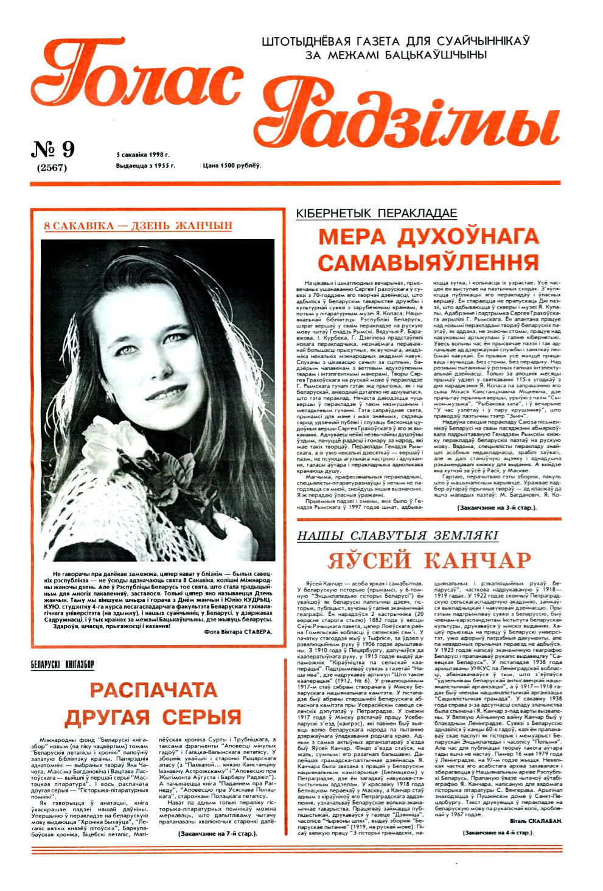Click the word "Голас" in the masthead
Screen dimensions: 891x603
tap(137, 82)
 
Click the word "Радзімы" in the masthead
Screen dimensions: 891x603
tap(414, 119)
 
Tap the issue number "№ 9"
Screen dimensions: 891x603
tap(52, 148)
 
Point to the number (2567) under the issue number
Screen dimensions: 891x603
tap(52, 168)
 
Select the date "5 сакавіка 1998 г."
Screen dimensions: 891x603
tap(143, 155)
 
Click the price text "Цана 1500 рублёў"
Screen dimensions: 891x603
tap(232, 166)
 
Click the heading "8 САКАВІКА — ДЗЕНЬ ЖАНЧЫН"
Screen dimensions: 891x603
tap(139, 226)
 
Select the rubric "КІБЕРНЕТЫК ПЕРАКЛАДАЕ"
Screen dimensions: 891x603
tap(376, 213)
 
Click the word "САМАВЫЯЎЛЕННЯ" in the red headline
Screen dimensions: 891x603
tap(428, 262)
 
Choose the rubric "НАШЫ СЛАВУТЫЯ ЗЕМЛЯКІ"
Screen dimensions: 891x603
tap(397, 536)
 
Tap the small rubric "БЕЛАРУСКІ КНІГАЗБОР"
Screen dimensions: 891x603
tap(63, 665)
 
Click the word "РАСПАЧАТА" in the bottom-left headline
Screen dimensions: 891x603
tap(153, 690)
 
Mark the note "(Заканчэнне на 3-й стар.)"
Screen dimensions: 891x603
tap(497, 506)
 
